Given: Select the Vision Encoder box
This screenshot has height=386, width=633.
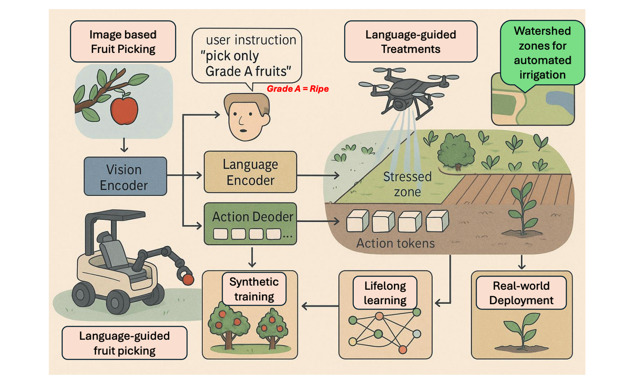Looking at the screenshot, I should point(125,176).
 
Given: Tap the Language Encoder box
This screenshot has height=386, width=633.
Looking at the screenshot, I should point(250,172).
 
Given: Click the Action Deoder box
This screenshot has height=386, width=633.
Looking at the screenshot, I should point(250,224).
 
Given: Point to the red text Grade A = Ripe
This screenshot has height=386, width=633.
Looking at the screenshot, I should point(297,89).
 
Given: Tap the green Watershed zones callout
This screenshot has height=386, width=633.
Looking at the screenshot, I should point(542,52).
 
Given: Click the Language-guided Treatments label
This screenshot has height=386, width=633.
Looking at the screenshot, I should point(410,42).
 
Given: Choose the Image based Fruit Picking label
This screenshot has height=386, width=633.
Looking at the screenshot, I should point(123,42).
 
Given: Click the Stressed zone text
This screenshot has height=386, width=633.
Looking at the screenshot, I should point(407,184).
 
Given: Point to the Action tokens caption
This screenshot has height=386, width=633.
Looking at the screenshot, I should point(396,243).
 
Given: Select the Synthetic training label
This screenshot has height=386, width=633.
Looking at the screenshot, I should point(254,289).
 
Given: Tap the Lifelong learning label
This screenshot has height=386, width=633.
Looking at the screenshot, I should point(385,293).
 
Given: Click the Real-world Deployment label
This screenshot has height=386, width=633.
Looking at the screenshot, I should point(521,293).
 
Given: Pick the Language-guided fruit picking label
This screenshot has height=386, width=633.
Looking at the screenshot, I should point(124,343).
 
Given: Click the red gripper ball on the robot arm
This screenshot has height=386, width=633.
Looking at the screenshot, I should point(188,280).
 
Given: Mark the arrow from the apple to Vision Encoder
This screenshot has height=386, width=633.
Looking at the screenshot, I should point(124,145).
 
